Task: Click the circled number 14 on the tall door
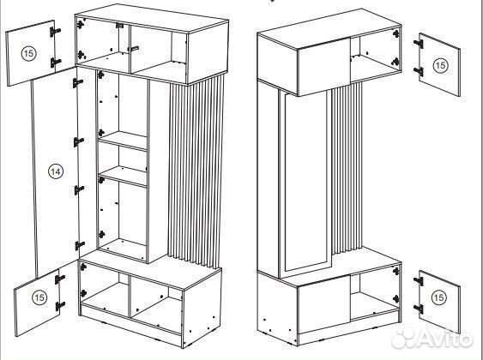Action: [56, 171]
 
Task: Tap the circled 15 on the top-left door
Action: [28, 53]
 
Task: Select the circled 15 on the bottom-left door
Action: [39, 297]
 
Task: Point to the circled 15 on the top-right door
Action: [440, 65]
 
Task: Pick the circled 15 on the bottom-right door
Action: [438, 297]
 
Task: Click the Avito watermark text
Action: [432, 339]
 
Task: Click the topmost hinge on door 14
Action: [77, 83]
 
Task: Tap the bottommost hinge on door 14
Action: [80, 245]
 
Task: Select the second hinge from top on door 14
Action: [79, 141]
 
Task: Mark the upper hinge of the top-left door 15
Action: [55, 32]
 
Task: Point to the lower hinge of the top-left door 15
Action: [56, 63]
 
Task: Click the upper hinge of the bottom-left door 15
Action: [60, 279]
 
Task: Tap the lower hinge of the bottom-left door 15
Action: [60, 306]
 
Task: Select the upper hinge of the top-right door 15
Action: [419, 44]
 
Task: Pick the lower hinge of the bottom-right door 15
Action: [419, 309]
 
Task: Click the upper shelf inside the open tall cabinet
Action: [123, 141]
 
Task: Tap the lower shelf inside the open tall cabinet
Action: [123, 177]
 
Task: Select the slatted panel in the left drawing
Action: [196, 172]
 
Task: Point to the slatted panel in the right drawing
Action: [347, 168]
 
